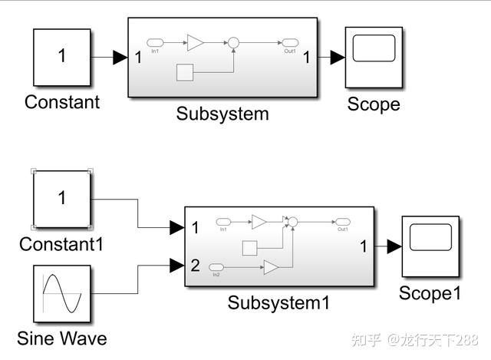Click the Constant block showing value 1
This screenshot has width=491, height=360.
pos(62,57)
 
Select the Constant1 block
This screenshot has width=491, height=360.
pos(62,199)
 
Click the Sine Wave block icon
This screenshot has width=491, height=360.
pos(62,294)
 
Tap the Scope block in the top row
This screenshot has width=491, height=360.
pos(374,57)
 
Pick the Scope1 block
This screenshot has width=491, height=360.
pos(430,246)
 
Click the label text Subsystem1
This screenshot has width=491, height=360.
pos(278,302)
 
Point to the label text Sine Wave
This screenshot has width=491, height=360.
pos(62,338)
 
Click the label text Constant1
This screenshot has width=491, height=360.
pos(61,244)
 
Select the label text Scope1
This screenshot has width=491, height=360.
pos(430,293)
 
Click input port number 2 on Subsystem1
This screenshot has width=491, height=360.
pos(195,266)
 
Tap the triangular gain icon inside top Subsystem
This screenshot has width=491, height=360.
pos(196,42)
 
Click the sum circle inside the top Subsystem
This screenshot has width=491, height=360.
pos(234,42)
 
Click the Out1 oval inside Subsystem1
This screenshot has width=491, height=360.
pos(342,222)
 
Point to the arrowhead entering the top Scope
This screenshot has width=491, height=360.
pos(337,57)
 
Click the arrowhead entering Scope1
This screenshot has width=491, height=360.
pos(394,246)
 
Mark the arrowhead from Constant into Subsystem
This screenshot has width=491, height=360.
pos(120,57)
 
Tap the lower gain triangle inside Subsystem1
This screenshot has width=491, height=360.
pos(271,266)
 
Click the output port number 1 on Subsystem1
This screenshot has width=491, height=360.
pos(364,246)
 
